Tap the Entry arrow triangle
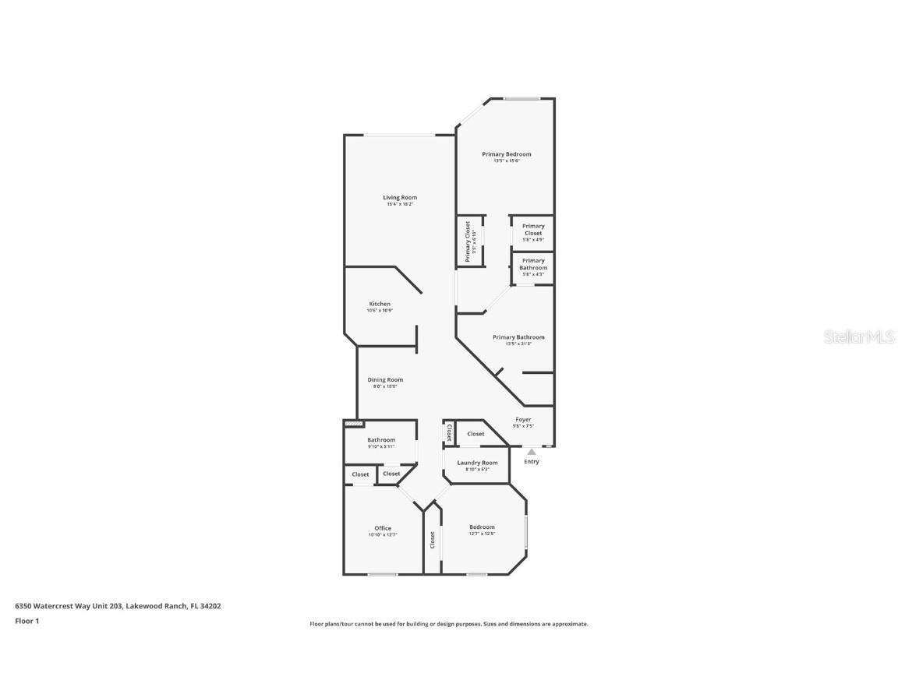point(531,451)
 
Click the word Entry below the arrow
point(531,462)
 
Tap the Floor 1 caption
point(27,621)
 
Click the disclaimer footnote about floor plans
point(448,624)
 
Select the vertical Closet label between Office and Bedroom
point(432,540)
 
